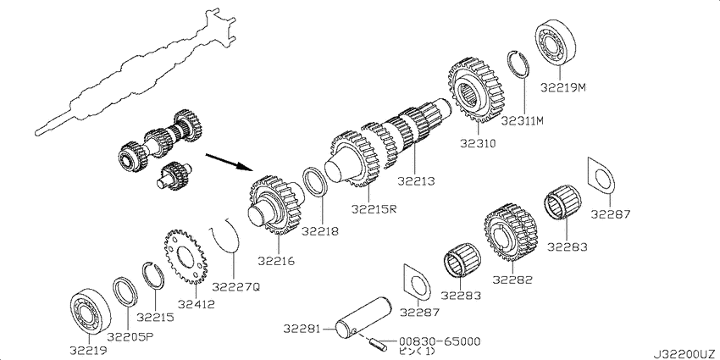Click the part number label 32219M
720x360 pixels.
(x=563, y=86)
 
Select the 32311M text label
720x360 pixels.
(x=522, y=121)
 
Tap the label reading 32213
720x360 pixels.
(x=416, y=182)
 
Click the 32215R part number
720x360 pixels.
(x=374, y=208)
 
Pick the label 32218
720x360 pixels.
(x=320, y=231)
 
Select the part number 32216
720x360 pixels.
(x=276, y=261)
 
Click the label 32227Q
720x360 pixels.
(x=236, y=287)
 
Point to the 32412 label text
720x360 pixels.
(x=197, y=303)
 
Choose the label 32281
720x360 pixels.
(x=302, y=329)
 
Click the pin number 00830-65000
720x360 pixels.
(x=440, y=341)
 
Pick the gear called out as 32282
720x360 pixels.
(x=510, y=230)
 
